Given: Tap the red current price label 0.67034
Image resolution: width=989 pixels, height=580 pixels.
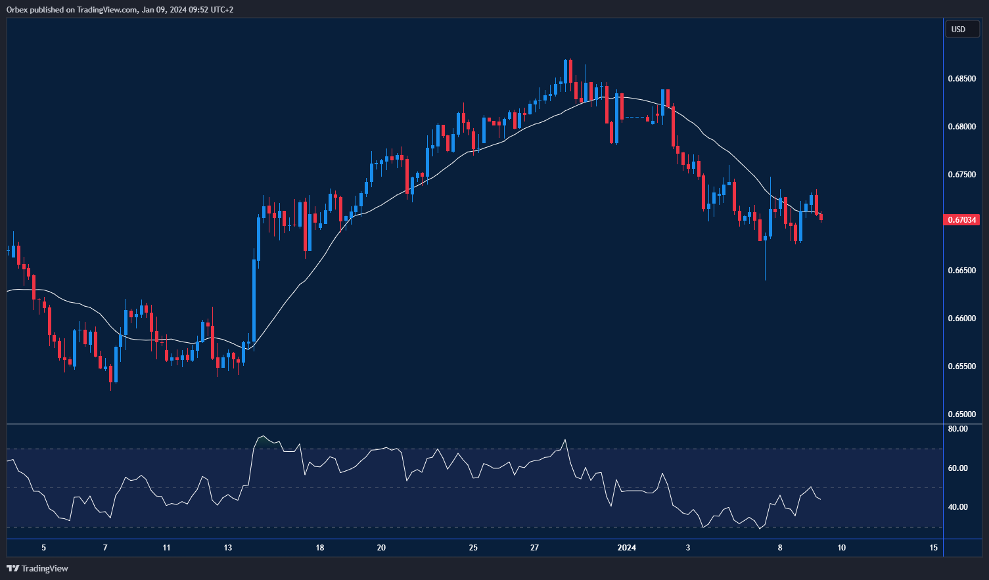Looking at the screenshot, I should click(x=961, y=219).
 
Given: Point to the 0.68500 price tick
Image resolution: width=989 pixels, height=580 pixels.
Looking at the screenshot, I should click(x=961, y=79).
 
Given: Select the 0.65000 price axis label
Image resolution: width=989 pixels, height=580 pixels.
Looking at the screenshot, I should click(x=961, y=414).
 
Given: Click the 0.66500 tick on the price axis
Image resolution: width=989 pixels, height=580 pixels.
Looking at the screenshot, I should click(x=961, y=271).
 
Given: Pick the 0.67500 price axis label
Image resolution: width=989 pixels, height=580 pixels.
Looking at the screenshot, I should click(x=961, y=175).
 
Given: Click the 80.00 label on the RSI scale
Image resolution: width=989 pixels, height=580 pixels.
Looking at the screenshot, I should click(x=958, y=429).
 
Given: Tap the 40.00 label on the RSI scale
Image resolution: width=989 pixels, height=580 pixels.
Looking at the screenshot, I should click(x=958, y=507).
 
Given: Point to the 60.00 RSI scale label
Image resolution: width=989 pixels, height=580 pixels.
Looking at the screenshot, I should click(x=958, y=468).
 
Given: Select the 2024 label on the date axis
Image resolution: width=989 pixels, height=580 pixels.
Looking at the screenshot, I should click(x=627, y=548).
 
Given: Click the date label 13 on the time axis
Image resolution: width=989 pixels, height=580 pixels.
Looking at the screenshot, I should click(x=228, y=548).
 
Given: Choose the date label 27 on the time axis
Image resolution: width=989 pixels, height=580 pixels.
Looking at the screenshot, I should click(x=535, y=548).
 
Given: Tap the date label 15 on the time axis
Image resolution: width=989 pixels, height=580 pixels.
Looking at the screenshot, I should click(x=934, y=548).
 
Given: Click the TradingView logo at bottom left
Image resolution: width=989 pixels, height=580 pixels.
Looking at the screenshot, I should click(x=37, y=568).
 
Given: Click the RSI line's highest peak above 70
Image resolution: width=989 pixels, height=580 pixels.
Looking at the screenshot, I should click(x=262, y=436).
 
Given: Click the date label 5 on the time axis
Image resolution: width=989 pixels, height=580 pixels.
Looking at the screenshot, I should click(x=44, y=548).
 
